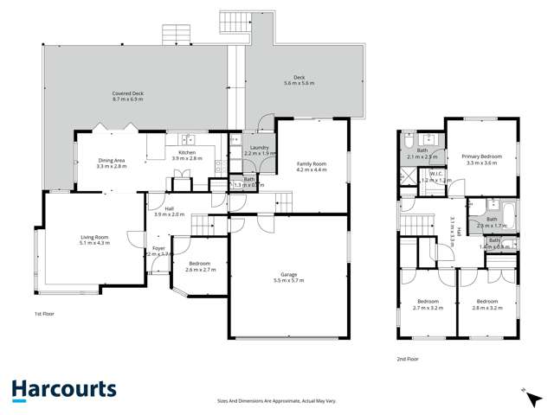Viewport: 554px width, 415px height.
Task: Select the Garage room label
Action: (288, 274)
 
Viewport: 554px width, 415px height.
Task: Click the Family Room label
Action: (312, 163)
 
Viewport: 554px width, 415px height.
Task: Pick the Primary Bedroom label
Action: (481, 156)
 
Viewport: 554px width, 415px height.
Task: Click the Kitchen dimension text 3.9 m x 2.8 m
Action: (186, 158)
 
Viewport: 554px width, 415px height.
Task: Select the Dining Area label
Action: (112, 159)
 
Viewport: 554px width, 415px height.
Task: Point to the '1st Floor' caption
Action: (45, 314)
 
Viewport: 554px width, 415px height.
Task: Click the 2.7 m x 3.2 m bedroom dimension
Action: (428, 307)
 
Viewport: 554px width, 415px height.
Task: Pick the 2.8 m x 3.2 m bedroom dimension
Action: (487, 307)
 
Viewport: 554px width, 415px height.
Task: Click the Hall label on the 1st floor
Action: (163, 208)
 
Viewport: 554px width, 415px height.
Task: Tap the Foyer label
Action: (159, 248)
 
